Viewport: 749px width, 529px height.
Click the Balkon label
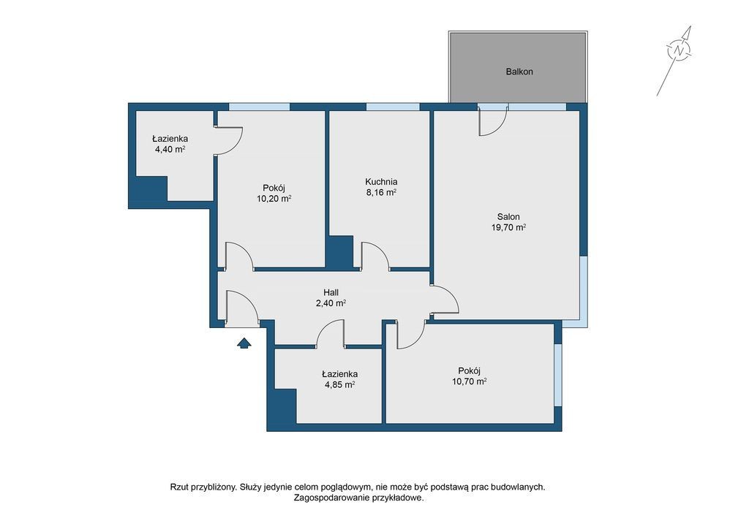pos(519,72)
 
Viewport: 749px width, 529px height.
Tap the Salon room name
pos(508,216)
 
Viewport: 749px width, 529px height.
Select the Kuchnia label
pos(381,182)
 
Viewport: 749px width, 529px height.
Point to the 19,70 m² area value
pos(509,227)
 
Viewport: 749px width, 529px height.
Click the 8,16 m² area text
pos(381,193)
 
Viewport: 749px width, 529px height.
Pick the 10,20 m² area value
pos(274,199)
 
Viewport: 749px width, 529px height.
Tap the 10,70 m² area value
pos(470,381)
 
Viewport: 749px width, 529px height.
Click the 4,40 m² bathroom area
pos(170,149)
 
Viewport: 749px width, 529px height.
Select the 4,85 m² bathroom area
pos(339,385)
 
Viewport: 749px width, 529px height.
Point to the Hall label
pos(331,292)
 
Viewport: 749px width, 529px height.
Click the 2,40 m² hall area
pos(331,303)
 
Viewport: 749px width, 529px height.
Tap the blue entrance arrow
pos(244,343)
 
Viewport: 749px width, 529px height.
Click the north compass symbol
pos(679,50)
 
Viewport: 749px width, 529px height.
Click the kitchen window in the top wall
pos(393,107)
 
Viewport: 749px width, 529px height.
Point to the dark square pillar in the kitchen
pos(339,251)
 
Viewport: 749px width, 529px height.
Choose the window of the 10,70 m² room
pos(558,374)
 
